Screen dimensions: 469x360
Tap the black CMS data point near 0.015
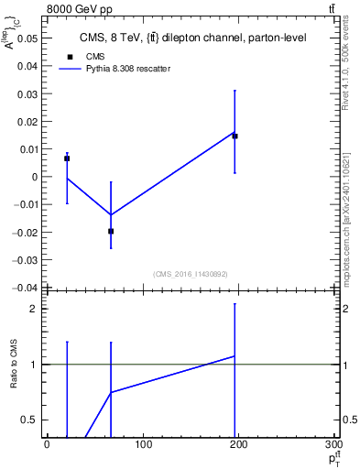pos(235,136)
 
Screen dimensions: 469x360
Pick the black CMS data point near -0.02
pos(111,231)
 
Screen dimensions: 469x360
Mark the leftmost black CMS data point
pos(67,158)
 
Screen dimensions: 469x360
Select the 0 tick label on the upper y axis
pos(34,177)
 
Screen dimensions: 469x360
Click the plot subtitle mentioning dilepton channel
pos(192,38)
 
